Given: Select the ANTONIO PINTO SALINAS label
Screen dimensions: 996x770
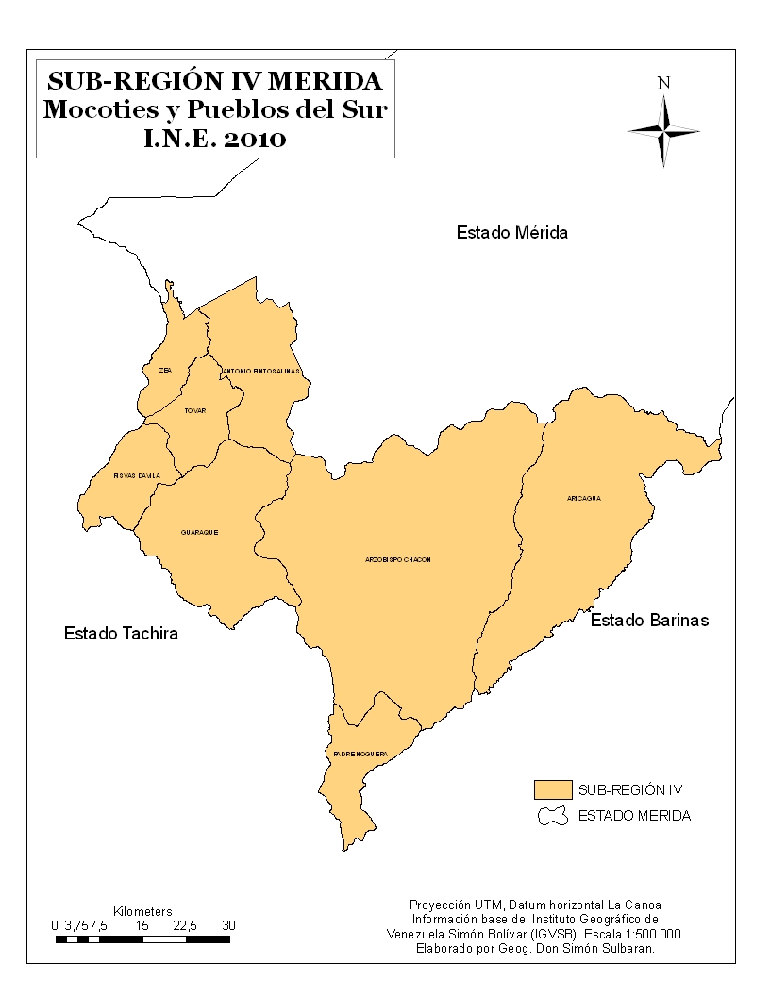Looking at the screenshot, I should [x=262, y=372].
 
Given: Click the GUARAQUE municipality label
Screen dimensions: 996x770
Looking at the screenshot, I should [x=200, y=532].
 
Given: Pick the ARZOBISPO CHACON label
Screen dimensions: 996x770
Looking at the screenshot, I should [x=398, y=559].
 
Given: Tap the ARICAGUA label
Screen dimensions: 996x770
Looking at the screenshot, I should [x=584, y=498].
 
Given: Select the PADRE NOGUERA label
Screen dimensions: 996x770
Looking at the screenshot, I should [x=360, y=754].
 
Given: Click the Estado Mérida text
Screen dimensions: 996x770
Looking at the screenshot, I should [x=512, y=232].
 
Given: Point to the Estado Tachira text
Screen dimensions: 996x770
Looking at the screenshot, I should [x=121, y=633].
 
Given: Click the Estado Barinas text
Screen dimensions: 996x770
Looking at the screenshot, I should [x=649, y=621].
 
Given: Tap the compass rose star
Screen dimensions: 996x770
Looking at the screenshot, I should [x=664, y=129].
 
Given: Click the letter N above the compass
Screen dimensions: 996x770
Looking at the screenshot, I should [x=664, y=83].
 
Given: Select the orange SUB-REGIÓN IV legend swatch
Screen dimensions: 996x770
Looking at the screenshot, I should [x=553, y=788].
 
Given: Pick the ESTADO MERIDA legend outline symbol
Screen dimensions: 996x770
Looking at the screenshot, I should [x=553, y=815].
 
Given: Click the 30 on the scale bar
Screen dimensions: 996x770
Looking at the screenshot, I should [x=228, y=925].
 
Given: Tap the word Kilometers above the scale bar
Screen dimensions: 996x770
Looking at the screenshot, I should [x=142, y=912].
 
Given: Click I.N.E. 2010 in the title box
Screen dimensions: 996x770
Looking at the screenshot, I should [x=215, y=140].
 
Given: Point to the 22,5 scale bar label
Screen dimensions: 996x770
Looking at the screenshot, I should [x=185, y=925].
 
